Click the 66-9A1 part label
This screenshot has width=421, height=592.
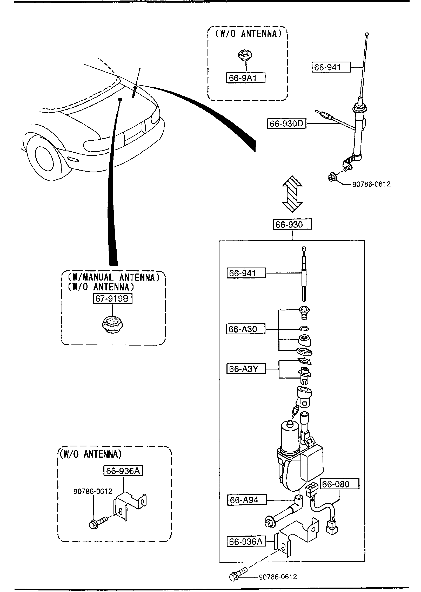coord(246,78)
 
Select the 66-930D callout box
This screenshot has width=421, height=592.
coord(287,123)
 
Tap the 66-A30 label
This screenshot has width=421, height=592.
coord(246,329)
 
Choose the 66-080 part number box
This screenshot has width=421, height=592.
coord(340,484)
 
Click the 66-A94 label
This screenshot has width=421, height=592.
coord(247,500)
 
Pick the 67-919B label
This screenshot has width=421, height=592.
coord(112,298)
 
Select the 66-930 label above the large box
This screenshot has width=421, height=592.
coord(292,224)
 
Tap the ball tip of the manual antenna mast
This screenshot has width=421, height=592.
coord(367,34)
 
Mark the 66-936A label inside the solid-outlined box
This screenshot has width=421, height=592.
coord(246,542)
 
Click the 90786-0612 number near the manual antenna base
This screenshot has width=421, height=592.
coord(371,184)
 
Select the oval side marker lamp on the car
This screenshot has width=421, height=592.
coord(72,159)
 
